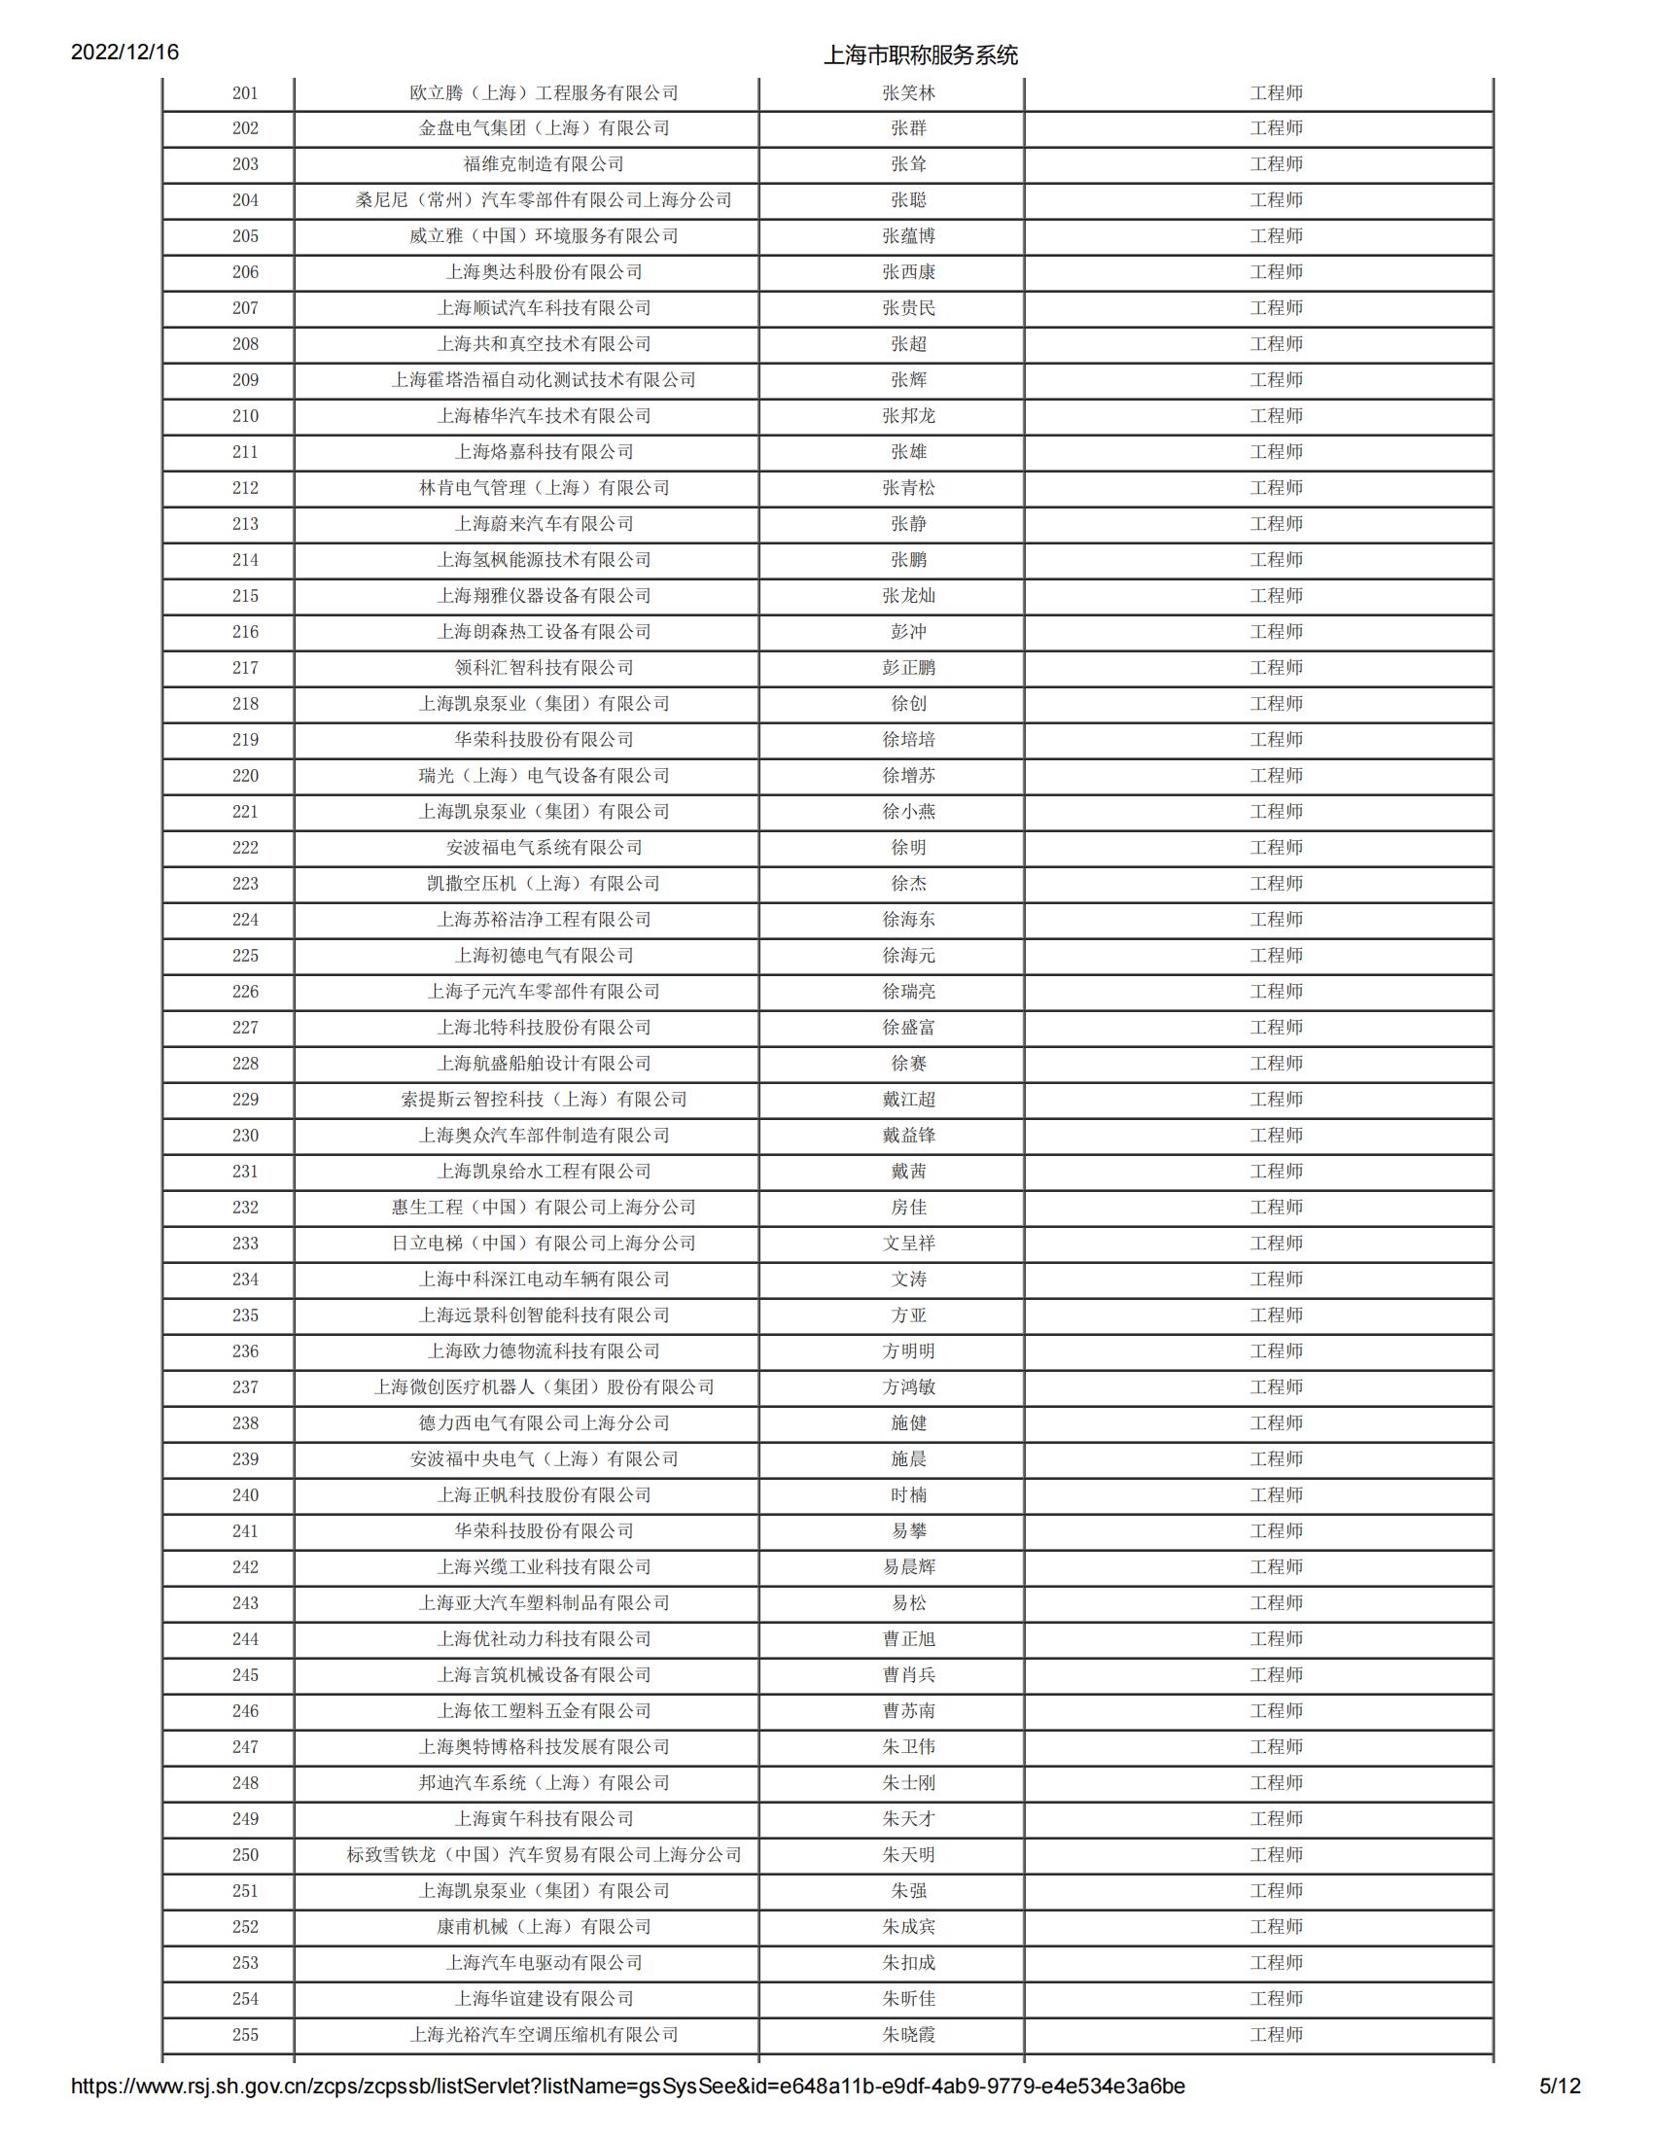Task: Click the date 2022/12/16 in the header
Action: pos(124,52)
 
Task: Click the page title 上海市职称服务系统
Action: pos(920,54)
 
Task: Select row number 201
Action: pos(245,93)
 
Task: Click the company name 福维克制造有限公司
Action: pos(544,164)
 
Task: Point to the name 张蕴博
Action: pos(908,236)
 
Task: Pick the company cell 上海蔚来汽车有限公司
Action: pos(544,524)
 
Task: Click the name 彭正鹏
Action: pos(908,668)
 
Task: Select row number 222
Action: pos(245,848)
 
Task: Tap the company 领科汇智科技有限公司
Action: pos(544,668)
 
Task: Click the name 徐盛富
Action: pos(908,1028)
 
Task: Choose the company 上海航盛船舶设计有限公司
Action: pos(544,1064)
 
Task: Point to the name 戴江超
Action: pos(908,1100)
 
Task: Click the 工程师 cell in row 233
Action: pos(1276,1244)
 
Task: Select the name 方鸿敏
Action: pos(908,1387)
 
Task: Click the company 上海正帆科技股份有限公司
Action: pos(544,1495)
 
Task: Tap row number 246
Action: pos(245,1711)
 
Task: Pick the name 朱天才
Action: pos(908,1819)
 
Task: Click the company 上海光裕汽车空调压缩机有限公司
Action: pos(544,2035)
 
